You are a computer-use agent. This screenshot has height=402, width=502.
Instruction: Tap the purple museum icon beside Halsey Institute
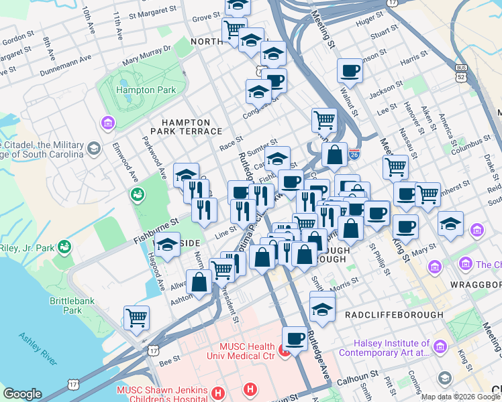click(x=440, y=346)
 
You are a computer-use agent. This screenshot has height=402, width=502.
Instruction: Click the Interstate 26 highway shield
click(x=354, y=155)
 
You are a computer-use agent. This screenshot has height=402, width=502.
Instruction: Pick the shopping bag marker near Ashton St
click(x=199, y=281)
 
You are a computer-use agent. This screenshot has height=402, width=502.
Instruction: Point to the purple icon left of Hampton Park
click(x=106, y=123)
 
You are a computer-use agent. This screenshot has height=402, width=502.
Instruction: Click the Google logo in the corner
click(x=22, y=394)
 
